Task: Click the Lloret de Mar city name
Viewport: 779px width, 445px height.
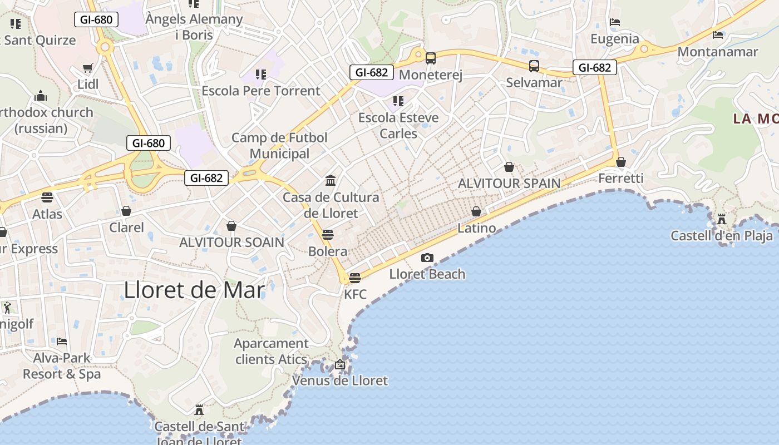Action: coord(194,290)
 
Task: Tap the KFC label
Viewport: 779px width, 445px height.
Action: coord(356,294)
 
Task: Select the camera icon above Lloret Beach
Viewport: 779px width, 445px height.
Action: coord(427,258)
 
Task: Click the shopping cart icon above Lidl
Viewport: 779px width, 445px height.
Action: coord(87,68)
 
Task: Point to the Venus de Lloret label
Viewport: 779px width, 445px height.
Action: coord(340,380)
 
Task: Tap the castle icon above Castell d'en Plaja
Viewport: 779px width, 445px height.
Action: coord(722,219)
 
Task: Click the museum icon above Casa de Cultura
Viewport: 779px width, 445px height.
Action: coord(331,180)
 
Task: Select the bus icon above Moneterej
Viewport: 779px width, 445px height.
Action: coord(431,58)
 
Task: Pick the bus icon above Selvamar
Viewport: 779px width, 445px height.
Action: coord(534,66)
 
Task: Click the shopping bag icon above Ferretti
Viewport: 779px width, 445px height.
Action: coord(621,162)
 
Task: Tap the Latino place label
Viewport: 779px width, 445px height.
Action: coord(477,228)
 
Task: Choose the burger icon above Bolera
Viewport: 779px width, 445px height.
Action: coord(328,234)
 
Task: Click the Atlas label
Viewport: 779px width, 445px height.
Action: coord(47,214)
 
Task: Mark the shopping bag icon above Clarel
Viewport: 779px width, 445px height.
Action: coord(126,211)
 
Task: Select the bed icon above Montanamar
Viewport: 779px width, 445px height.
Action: coord(718,35)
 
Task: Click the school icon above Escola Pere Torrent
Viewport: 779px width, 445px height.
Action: coord(260,74)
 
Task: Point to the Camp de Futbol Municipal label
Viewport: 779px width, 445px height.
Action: coord(279,146)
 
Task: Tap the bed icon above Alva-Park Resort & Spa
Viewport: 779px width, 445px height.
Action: coord(62,341)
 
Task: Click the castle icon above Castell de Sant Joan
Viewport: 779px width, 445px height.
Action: coord(199,410)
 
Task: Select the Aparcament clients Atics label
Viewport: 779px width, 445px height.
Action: coord(271,352)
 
